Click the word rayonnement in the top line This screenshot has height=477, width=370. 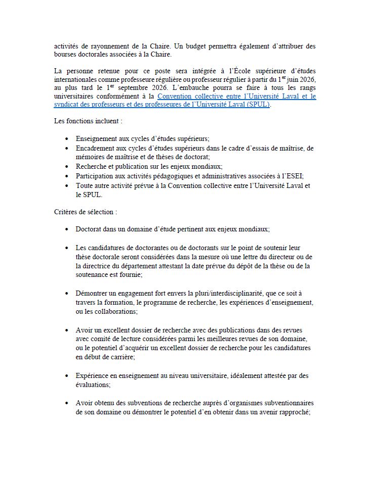[93, 46]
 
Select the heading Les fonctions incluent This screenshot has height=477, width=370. [88, 121]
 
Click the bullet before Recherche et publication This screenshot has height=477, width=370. [68, 167]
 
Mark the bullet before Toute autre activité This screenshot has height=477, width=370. [68, 186]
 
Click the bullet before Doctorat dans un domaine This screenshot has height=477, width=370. [68, 229]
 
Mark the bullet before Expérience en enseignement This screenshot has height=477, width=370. [68, 376]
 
